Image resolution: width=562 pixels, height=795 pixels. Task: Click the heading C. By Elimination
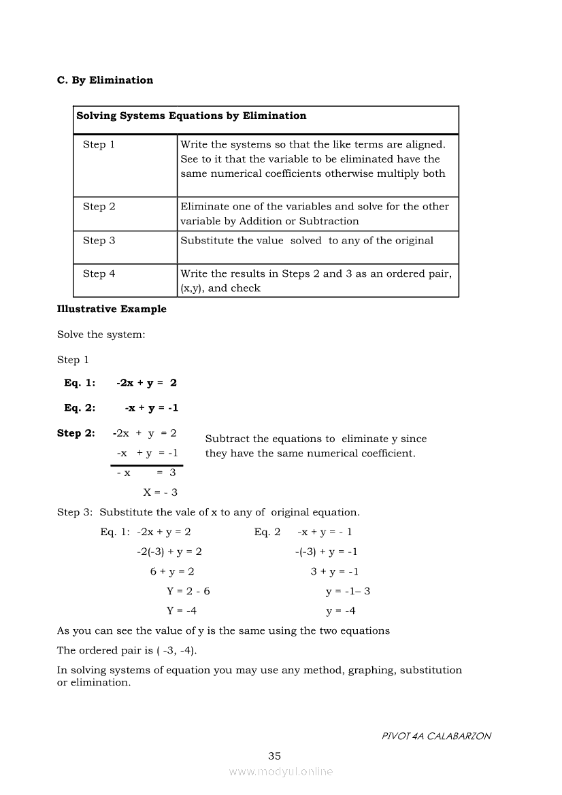[x=105, y=80]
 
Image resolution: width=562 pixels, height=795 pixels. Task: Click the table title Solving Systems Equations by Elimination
[x=191, y=116]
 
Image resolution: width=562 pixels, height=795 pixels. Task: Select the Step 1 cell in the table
[x=99, y=144]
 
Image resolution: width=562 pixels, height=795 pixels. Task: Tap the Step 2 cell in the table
[x=99, y=207]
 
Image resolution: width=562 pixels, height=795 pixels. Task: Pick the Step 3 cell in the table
[x=99, y=240]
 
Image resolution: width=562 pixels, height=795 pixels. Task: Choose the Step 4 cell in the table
[x=99, y=273]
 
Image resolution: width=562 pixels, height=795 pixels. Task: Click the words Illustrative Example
[x=112, y=309]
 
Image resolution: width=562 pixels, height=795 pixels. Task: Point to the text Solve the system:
[x=101, y=335]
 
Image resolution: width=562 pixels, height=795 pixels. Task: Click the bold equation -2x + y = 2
[x=146, y=383]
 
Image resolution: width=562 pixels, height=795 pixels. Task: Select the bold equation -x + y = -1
[x=151, y=408]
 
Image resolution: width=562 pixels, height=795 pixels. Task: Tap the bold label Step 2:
[x=76, y=433]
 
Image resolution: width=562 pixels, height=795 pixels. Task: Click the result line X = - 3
[x=160, y=492]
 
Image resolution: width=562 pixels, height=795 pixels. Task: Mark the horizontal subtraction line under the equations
[x=147, y=465]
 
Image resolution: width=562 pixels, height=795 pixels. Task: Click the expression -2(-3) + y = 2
[x=169, y=552]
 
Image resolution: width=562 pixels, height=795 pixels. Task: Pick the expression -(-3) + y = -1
[x=326, y=552]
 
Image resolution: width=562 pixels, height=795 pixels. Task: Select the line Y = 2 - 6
[x=188, y=592]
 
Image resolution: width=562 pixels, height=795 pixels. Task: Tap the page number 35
[x=274, y=756]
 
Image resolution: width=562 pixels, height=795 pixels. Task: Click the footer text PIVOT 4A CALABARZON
[x=436, y=736]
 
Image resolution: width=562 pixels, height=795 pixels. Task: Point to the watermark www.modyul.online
[x=281, y=772]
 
